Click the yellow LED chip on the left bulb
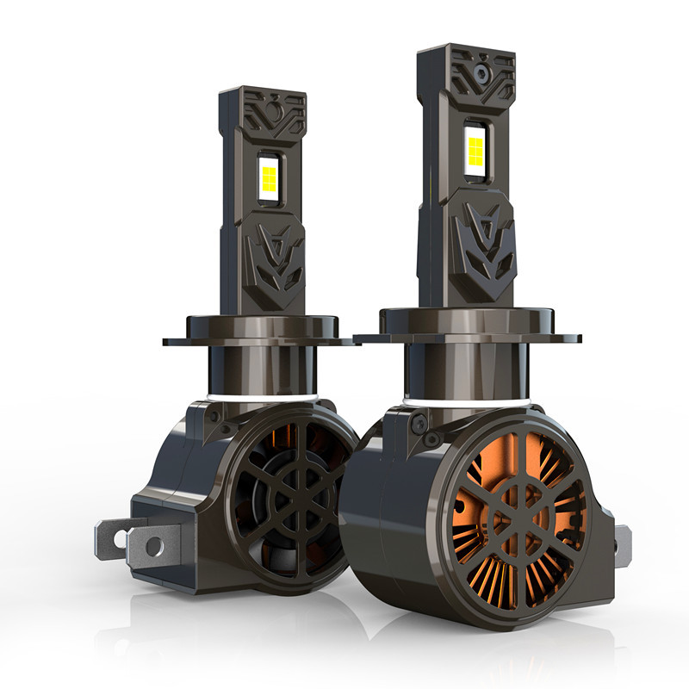tap(269, 178)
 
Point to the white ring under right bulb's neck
tap(465, 403)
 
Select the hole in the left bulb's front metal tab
tap(153, 544)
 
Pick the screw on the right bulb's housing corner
tap(418, 425)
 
